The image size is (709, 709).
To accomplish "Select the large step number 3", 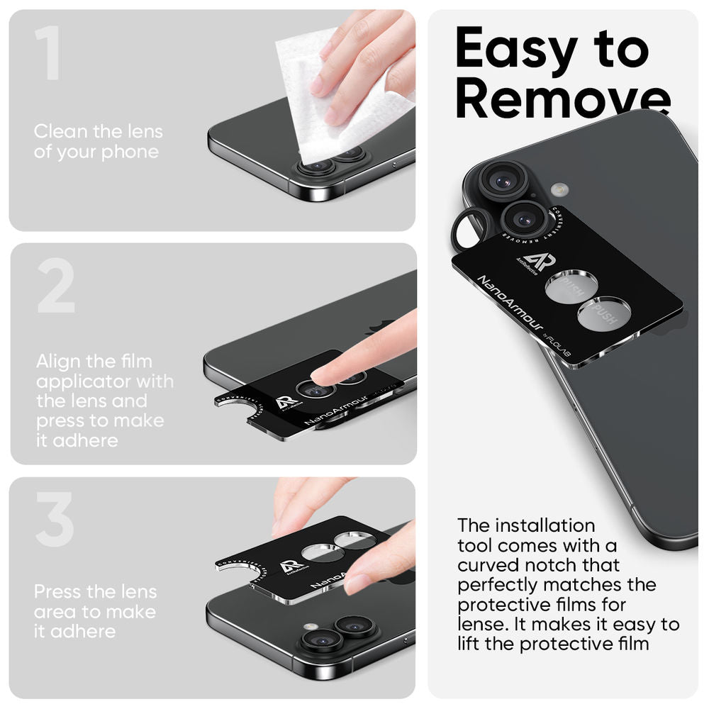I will (55, 520).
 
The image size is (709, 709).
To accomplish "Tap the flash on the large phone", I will (560, 189).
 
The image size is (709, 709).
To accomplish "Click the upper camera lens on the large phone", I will (502, 180).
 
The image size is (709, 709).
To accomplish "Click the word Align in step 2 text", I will (60, 362).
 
